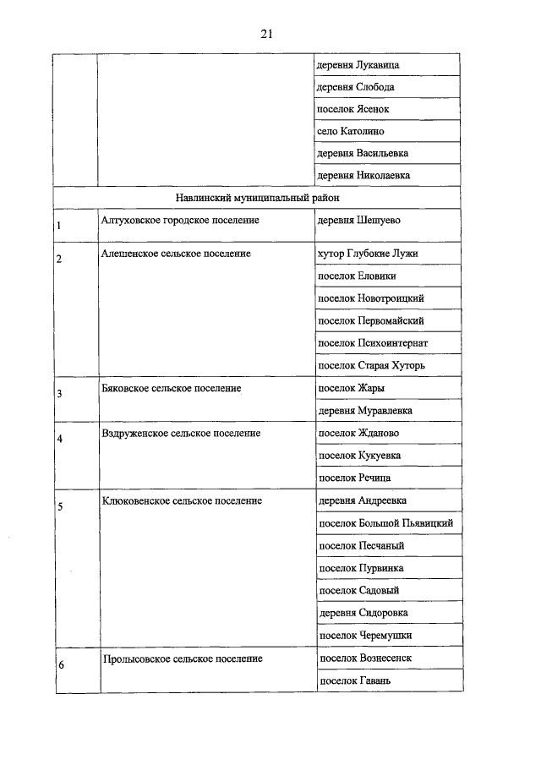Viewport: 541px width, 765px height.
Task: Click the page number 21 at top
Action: [x=266, y=34]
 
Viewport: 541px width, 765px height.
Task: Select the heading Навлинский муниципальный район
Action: [x=257, y=198]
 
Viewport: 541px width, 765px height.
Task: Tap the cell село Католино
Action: [x=351, y=131]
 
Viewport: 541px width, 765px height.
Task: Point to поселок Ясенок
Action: [x=352, y=109]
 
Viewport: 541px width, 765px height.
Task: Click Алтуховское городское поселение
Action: [x=179, y=220]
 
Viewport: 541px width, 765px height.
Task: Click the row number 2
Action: [x=59, y=260]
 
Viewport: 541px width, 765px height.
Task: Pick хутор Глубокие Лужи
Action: [x=367, y=254]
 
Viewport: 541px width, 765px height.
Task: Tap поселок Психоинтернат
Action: [x=372, y=343]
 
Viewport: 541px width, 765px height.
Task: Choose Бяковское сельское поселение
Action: [x=171, y=388]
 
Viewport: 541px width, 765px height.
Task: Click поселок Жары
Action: [x=351, y=388]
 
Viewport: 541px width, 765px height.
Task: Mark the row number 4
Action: [x=59, y=439]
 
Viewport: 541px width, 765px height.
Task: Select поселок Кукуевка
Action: [x=358, y=456]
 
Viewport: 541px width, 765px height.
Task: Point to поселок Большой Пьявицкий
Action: [x=385, y=523]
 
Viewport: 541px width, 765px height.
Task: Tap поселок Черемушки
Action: [x=364, y=635]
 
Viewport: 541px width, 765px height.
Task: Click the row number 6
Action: [x=60, y=664]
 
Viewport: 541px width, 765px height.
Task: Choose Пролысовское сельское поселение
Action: [x=182, y=658]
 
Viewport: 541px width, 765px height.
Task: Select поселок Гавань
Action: [x=353, y=680]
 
